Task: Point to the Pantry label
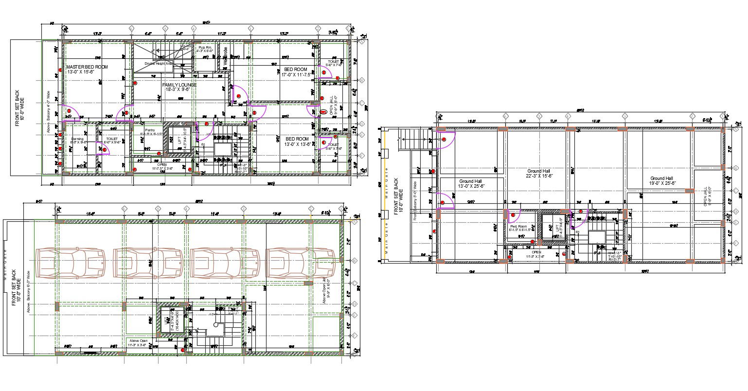[150, 131]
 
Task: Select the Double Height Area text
[159, 64]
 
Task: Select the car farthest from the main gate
[301, 263]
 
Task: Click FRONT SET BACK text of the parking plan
[16, 287]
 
